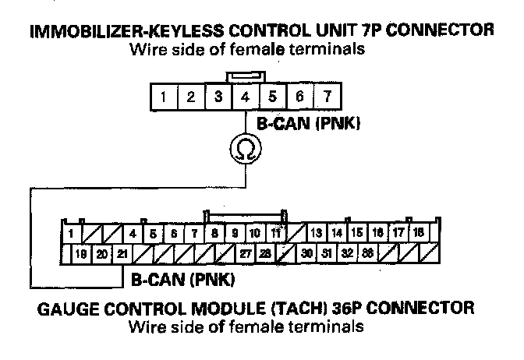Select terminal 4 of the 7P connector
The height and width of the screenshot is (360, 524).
click(246, 98)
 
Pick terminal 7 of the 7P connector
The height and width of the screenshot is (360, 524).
click(327, 98)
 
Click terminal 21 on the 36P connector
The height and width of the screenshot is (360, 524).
click(123, 253)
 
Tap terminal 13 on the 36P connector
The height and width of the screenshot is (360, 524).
click(316, 232)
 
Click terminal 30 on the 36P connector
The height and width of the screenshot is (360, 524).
click(307, 253)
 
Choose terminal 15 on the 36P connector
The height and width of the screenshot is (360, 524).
click(357, 232)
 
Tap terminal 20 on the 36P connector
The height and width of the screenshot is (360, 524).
click(101, 253)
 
